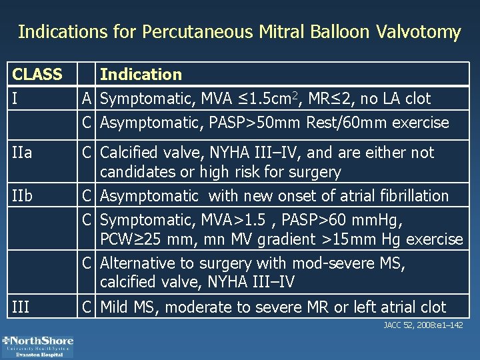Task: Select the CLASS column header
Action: (x=37, y=74)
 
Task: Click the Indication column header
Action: (x=141, y=74)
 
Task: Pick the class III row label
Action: (x=21, y=307)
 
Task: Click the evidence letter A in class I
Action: (x=87, y=99)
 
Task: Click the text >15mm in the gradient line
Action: (x=369, y=239)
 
